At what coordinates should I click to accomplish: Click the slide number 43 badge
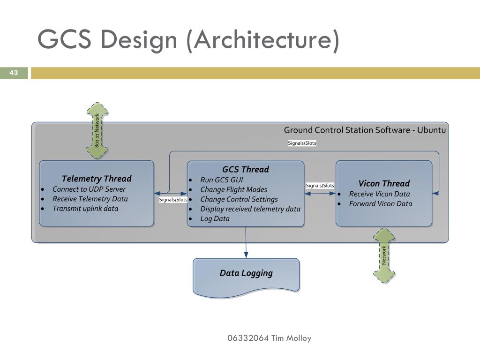click(x=14, y=73)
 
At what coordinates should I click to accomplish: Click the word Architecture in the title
click(x=266, y=39)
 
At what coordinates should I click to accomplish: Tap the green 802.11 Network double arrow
click(x=97, y=131)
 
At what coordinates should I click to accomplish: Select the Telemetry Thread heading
click(x=97, y=179)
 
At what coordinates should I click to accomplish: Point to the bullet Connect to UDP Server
click(x=89, y=189)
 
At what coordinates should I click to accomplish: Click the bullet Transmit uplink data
click(x=85, y=209)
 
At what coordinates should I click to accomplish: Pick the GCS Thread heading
click(x=246, y=169)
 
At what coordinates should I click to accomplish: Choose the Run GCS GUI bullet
click(x=222, y=180)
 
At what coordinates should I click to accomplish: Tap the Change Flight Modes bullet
click(x=233, y=190)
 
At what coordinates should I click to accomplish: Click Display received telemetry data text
click(x=250, y=209)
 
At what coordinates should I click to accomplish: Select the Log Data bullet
click(x=215, y=219)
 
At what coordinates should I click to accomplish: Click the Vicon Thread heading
click(x=384, y=183)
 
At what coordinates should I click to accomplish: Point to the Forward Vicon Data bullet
click(x=381, y=204)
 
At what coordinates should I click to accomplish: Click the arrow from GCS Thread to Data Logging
click(x=246, y=242)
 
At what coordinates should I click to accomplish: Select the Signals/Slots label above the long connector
click(x=302, y=143)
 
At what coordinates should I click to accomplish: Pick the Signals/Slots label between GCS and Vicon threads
click(x=320, y=186)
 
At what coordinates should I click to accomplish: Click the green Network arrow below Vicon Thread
click(x=384, y=255)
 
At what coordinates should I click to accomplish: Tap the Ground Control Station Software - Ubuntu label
click(x=365, y=130)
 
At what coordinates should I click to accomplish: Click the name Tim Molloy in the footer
click(x=291, y=338)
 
